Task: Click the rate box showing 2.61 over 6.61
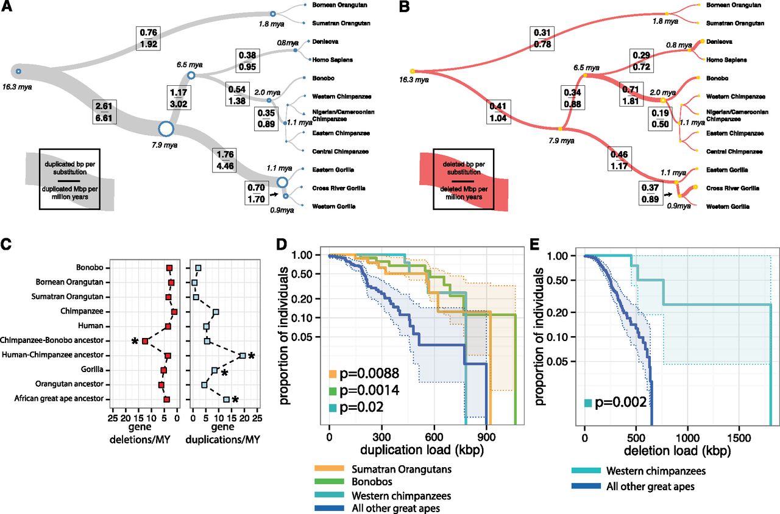tap(104, 111)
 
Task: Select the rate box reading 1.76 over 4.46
tap(225, 160)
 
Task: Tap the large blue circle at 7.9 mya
tap(166, 128)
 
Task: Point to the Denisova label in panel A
tap(325, 42)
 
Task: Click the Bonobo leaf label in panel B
tap(717, 79)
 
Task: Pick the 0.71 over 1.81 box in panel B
tap(630, 96)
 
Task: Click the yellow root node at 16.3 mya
tap(413, 71)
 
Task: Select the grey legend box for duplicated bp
tap(69, 179)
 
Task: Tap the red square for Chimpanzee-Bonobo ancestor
tap(145, 341)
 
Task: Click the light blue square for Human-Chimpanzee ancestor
tap(243, 356)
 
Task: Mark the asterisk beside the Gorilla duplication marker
tap(225, 373)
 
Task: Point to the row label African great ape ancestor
tap(59, 398)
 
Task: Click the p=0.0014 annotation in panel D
tap(369, 390)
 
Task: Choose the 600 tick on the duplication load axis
tap(434, 437)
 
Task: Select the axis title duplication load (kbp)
tap(422, 450)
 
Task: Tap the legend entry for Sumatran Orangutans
tap(383, 469)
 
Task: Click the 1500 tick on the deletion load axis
tap(739, 438)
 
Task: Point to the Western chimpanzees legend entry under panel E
tap(639, 471)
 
